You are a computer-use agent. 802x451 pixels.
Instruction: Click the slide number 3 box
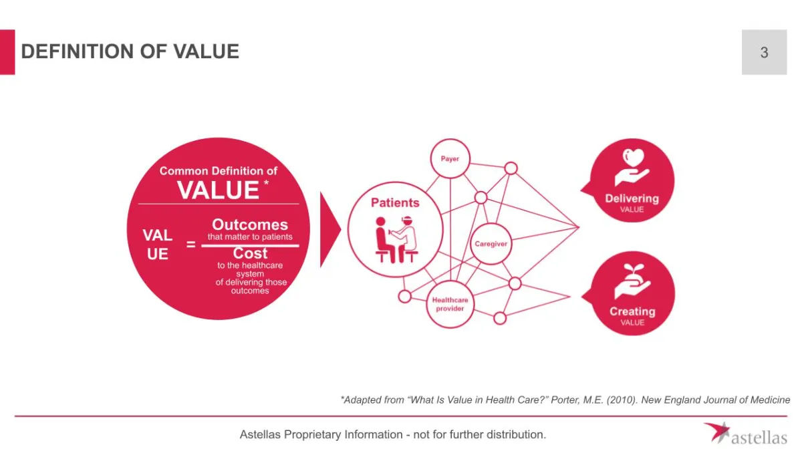(764, 52)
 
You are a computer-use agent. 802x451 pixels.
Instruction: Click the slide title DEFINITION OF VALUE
(130, 51)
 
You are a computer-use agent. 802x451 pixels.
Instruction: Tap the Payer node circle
(450, 159)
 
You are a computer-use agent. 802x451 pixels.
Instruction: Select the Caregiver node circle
(491, 244)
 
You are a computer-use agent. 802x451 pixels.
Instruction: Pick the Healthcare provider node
(450, 305)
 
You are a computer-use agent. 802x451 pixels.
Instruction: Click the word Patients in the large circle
(395, 202)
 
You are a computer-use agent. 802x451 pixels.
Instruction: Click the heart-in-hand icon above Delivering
(632, 168)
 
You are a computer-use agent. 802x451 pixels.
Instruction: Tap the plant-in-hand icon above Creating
(632, 281)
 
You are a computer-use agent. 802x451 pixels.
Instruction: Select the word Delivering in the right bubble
(632, 198)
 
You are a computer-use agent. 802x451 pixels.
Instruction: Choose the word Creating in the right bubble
(632, 311)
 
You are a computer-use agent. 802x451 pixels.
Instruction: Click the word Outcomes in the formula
(250, 225)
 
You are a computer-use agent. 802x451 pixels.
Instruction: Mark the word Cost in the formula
(250, 254)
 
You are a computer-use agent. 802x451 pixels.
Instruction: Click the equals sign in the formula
(191, 245)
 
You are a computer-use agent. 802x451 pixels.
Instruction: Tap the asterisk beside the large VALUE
(267, 182)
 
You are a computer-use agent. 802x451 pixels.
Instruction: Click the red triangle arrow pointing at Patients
(329, 230)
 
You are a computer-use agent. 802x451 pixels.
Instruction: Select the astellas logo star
(716, 431)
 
